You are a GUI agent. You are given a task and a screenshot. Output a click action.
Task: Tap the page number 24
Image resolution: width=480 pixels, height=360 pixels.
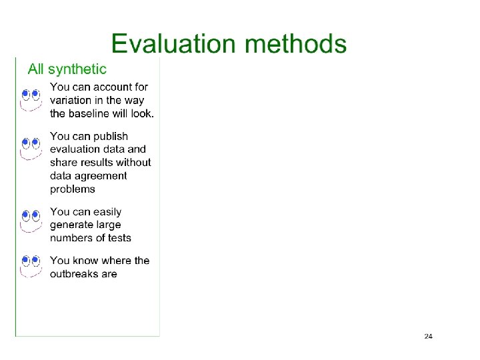[428, 336]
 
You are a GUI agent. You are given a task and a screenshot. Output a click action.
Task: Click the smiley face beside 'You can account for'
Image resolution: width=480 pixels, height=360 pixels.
[31, 98]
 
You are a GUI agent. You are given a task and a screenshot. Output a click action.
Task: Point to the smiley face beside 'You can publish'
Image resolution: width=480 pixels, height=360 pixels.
[31, 148]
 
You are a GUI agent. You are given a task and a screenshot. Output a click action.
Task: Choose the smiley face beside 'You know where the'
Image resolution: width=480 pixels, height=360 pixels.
[31, 265]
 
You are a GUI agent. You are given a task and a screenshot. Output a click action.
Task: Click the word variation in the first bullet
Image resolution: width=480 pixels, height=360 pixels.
[70, 100]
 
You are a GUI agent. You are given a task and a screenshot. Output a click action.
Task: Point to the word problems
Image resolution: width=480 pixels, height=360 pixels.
[73, 189]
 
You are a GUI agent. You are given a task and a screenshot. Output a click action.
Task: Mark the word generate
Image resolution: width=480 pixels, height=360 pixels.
[73, 225]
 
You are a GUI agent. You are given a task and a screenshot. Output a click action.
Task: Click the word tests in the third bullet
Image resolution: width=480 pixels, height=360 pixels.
[118, 238]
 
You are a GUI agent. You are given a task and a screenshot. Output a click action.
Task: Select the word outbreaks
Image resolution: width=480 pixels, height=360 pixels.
[74, 274]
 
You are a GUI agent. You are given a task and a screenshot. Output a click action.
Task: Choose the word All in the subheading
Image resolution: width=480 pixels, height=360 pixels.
[36, 69]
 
